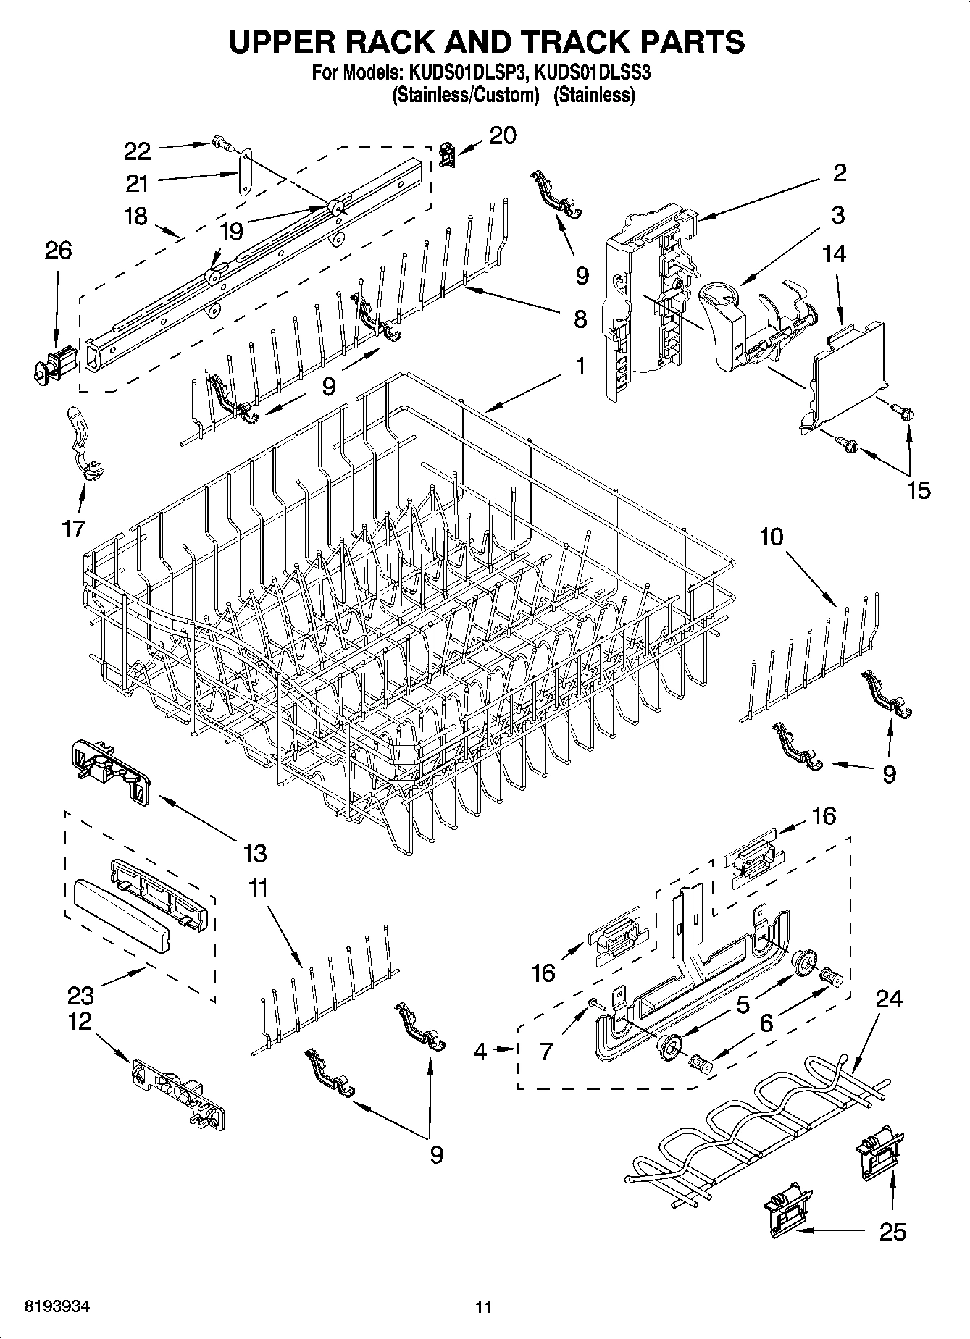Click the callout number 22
coord(137,151)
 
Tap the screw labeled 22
coord(223,143)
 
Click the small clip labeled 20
coord(446,154)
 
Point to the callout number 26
coord(58,251)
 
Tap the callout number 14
coord(834,253)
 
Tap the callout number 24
coord(889,999)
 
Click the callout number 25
coord(892,1231)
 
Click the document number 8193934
coord(57,1307)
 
